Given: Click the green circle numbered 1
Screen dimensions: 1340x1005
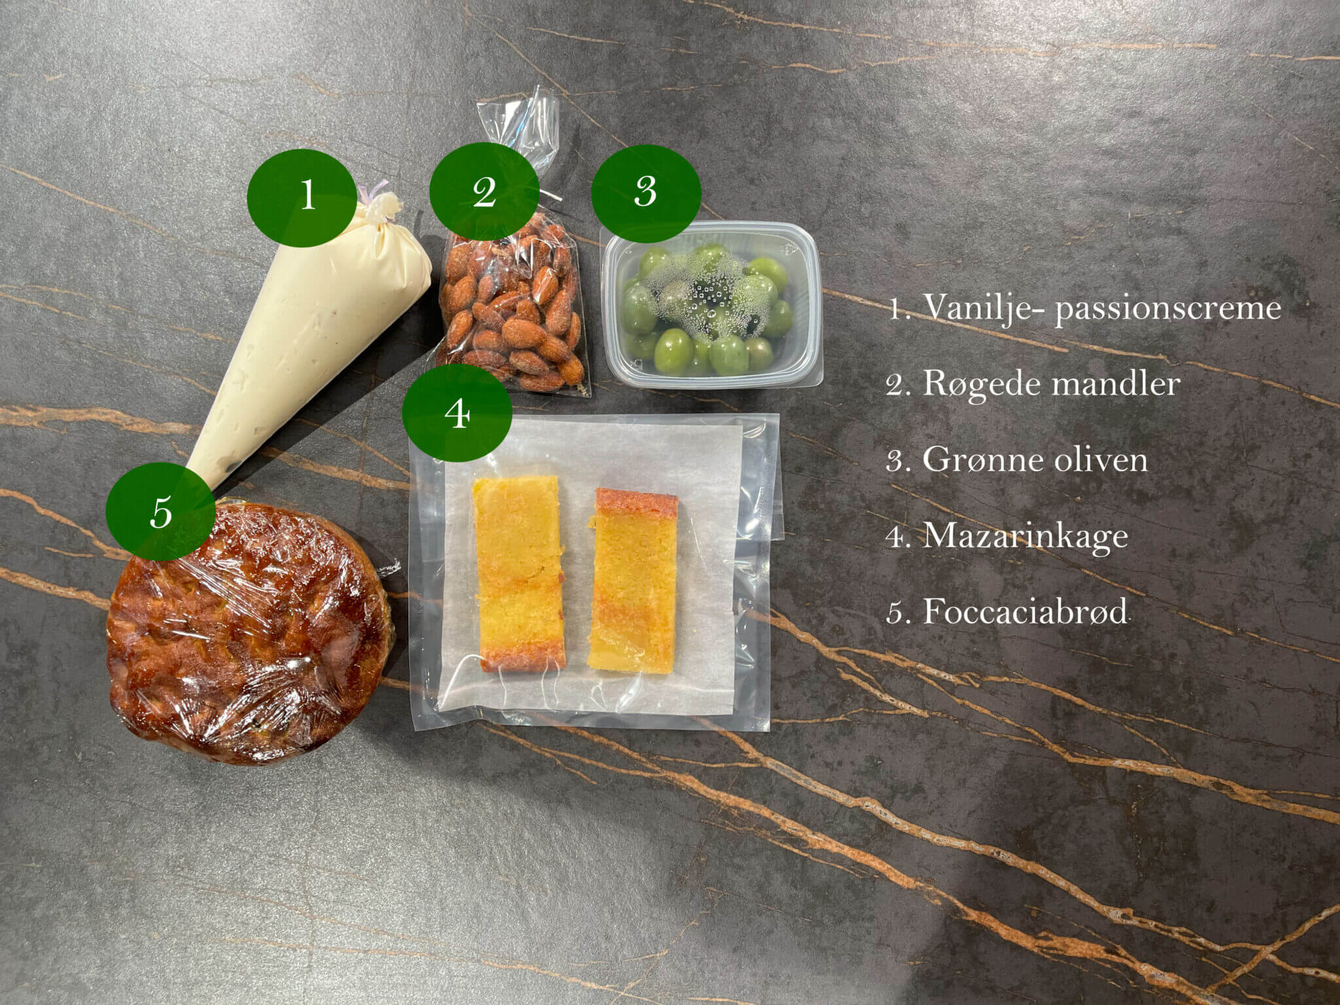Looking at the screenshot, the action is click(x=302, y=192).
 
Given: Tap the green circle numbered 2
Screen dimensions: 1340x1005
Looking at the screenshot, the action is click(x=484, y=192).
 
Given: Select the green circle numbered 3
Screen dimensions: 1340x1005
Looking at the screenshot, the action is click(x=646, y=192).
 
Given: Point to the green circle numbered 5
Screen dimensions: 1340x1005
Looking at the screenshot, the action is click(x=160, y=511).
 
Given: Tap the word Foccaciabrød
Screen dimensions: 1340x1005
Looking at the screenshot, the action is click(x=1025, y=612).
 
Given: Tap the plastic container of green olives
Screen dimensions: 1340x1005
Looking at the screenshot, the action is click(x=711, y=304).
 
